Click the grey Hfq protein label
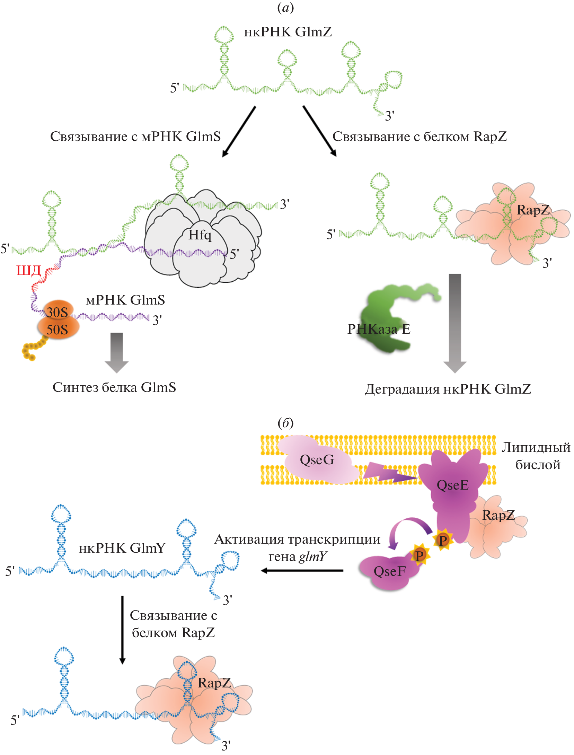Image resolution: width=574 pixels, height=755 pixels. (x=200, y=235)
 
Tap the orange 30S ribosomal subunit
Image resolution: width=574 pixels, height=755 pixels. (x=57, y=311)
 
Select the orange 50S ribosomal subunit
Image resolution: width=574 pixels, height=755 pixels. (x=58, y=329)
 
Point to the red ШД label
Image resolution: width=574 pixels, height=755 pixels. (x=29, y=270)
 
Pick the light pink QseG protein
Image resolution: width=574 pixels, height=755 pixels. (x=317, y=460)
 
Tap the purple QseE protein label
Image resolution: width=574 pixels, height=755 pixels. (x=452, y=485)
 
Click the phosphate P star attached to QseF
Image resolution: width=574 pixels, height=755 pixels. (x=420, y=555)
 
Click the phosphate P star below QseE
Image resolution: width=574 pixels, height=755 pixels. (x=443, y=540)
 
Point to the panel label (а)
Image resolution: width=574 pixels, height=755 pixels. (x=285, y=8)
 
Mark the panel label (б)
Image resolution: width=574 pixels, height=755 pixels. (x=285, y=423)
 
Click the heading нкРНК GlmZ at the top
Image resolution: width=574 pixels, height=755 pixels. (x=288, y=32)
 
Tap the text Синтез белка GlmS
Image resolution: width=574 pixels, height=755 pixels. (x=114, y=387)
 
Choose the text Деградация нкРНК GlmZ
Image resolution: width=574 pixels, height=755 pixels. (x=448, y=389)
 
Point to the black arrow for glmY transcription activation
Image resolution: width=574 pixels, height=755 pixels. (x=301, y=571)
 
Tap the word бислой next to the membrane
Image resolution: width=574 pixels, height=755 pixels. (x=538, y=465)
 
